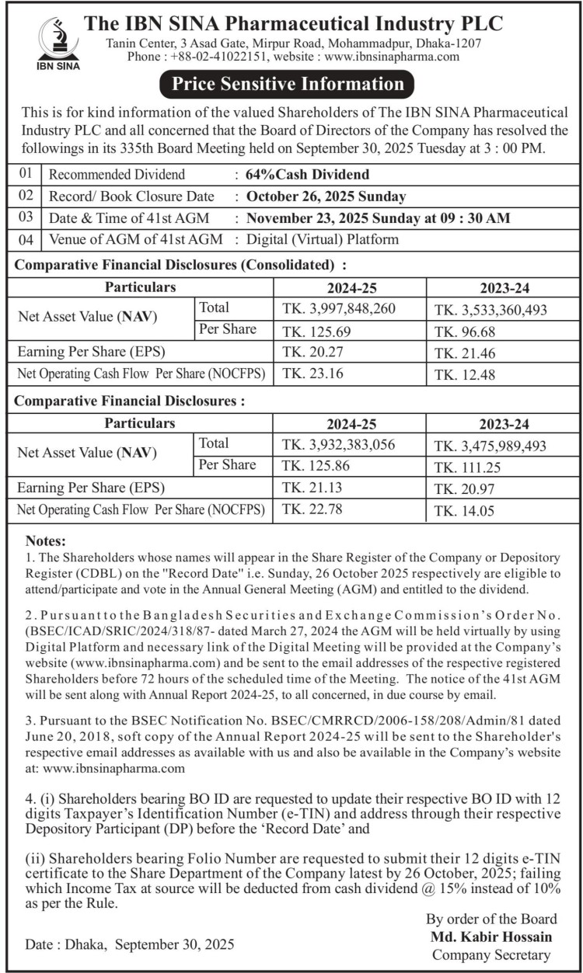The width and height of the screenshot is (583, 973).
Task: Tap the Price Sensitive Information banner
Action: point(288,84)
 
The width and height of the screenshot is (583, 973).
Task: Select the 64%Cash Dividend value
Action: point(308,174)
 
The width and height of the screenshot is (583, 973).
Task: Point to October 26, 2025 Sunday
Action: point(326,196)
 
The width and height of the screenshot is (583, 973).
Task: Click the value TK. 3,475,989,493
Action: point(490,445)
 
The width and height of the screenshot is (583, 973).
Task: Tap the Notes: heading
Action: point(47,540)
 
